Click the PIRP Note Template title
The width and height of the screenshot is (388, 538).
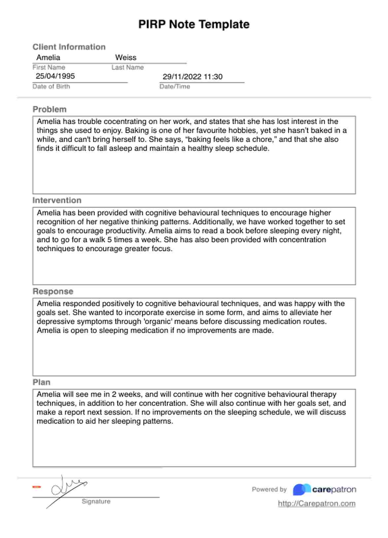(194, 24)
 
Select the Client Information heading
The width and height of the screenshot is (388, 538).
(69, 47)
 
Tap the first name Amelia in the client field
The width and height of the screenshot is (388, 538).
(48, 57)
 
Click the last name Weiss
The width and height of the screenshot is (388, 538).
(126, 57)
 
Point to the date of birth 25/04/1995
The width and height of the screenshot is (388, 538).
(55, 76)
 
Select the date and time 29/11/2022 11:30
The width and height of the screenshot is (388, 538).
(192, 77)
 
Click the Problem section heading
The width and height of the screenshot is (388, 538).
(49, 109)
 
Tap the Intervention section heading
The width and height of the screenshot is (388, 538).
(57, 200)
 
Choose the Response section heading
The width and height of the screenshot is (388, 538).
(53, 291)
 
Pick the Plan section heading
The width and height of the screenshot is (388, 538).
(42, 382)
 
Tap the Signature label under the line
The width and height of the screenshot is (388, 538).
(96, 501)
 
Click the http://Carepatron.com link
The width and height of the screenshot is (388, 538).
(316, 504)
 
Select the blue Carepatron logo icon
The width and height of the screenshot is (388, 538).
(302, 489)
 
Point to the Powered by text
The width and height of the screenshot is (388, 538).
(269, 489)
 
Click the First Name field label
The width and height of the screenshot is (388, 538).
(49, 67)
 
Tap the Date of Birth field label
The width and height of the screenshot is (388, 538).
(51, 86)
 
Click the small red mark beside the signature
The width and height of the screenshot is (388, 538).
(37, 487)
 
